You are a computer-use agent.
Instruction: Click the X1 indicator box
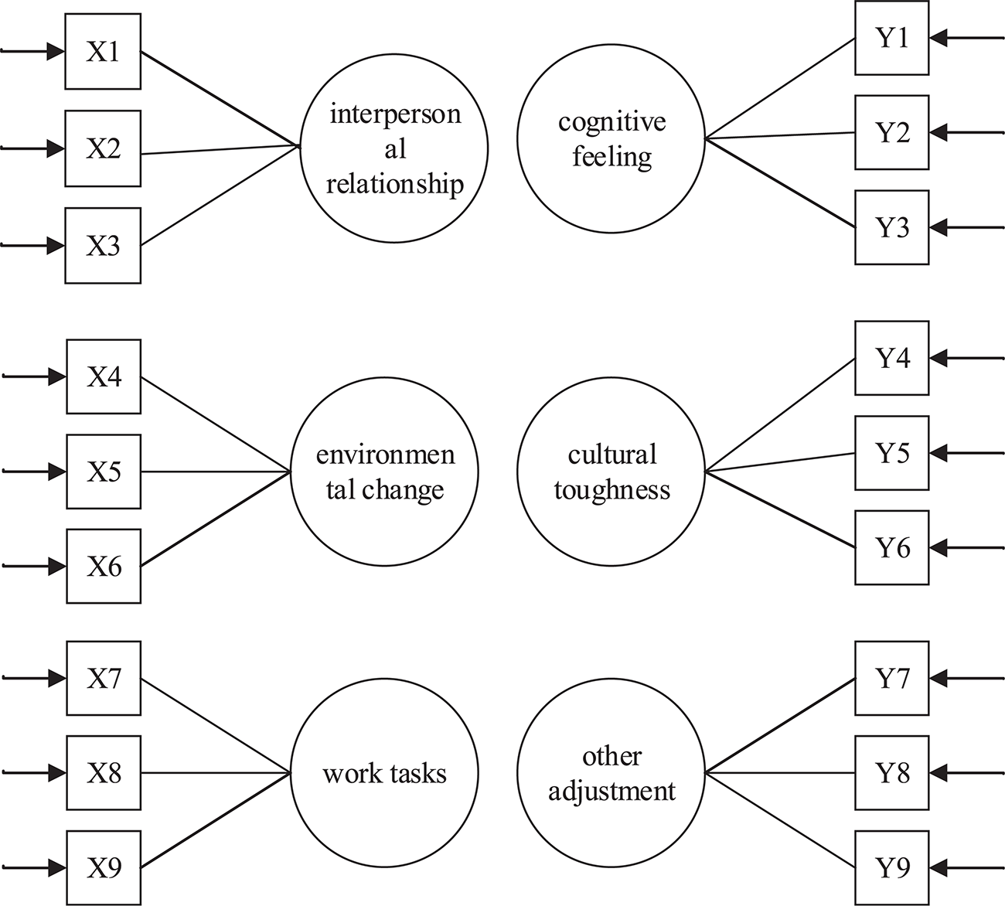(x=104, y=52)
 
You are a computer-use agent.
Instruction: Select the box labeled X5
(x=104, y=472)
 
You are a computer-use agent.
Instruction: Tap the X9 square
(x=104, y=867)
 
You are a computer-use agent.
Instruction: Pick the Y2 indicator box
(x=891, y=133)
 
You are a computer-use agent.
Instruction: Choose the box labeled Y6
(x=891, y=548)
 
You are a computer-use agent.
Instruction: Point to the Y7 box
(x=891, y=678)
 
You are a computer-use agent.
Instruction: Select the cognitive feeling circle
(x=611, y=139)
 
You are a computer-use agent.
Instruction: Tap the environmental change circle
(x=384, y=472)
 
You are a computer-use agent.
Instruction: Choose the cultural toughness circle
(x=611, y=472)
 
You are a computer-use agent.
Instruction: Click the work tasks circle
(x=384, y=773)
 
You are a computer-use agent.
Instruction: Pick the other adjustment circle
(x=611, y=773)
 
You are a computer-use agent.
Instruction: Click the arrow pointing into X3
(x=35, y=246)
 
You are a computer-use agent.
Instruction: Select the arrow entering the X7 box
(x=35, y=679)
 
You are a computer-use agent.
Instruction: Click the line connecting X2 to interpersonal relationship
(x=220, y=150)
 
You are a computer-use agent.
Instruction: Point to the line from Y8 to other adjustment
(x=781, y=772)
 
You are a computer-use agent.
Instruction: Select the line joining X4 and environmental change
(x=216, y=424)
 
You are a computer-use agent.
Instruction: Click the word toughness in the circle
(x=612, y=490)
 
